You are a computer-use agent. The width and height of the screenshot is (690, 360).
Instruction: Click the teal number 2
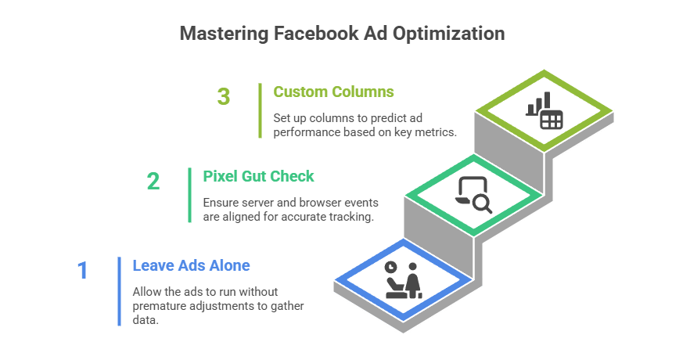point(153,182)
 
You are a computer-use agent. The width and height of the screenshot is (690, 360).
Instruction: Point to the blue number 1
point(83,271)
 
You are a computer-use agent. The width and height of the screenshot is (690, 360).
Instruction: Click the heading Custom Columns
point(334,92)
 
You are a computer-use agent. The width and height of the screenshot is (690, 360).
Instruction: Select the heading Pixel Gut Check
point(259,176)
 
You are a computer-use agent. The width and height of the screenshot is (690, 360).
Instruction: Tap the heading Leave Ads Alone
point(191,265)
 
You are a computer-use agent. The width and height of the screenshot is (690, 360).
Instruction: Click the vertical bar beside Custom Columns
point(260,110)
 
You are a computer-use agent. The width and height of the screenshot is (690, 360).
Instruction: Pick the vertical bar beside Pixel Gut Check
point(189,194)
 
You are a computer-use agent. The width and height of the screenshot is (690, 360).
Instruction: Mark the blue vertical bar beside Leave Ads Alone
point(119,290)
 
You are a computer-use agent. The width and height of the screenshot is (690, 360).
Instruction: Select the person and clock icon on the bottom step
point(403,279)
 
